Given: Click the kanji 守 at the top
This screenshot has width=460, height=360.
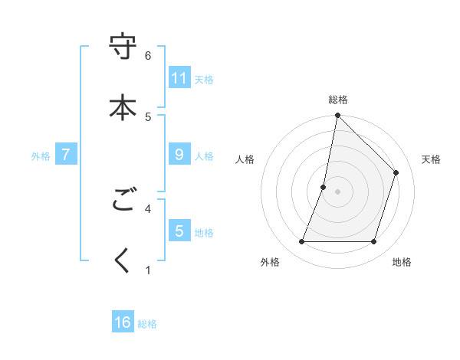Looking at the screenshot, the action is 123,47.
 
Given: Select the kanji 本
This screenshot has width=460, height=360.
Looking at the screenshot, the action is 123,106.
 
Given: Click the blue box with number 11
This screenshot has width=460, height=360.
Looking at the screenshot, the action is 179,77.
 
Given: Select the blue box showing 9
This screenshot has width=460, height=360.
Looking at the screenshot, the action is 179,154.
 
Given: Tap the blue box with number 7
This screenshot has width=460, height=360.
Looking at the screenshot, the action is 66,154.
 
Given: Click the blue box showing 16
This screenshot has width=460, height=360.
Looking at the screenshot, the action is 123,322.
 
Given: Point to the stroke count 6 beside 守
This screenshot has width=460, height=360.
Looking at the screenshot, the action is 148,55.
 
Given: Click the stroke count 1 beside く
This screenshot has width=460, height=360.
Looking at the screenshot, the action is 148,270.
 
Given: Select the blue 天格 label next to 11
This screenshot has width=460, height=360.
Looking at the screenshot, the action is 204,79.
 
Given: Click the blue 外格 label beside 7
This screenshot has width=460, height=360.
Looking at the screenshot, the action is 41,155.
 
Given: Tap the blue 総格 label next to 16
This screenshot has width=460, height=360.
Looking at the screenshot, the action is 147,324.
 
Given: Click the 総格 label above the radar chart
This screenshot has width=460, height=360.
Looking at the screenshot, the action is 337,100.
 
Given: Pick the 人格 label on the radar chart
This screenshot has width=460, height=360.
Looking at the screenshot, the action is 245,159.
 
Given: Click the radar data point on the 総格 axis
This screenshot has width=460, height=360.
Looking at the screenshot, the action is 337,116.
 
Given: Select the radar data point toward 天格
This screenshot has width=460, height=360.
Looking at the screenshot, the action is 396,172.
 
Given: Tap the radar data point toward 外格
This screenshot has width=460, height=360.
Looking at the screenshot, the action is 302,242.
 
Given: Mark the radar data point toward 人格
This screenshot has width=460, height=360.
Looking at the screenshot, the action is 324,187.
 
